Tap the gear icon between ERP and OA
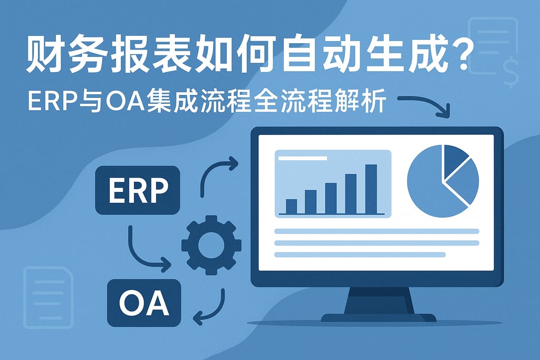pos(211,245)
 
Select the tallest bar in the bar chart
pos(371,189)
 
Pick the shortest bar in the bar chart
pos(291,206)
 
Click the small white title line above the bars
pos(302,158)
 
